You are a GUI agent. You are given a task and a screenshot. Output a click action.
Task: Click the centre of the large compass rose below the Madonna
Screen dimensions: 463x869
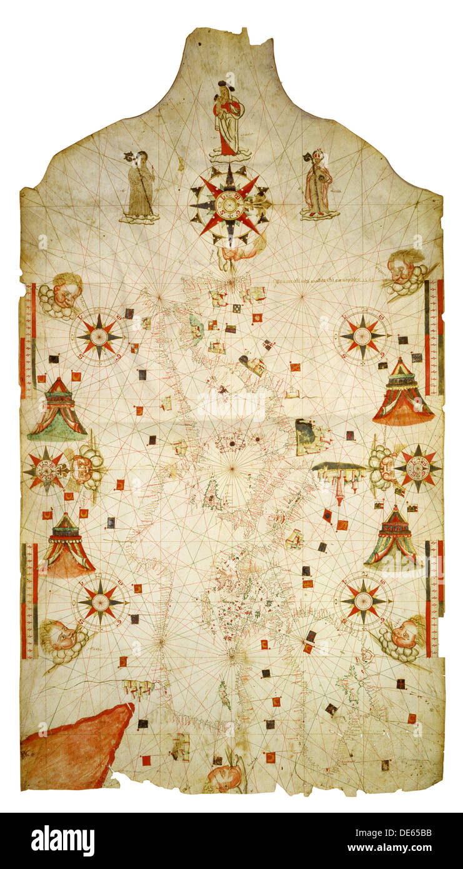[x=230, y=204]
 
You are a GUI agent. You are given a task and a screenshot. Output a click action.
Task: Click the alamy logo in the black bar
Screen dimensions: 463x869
[x=62, y=841]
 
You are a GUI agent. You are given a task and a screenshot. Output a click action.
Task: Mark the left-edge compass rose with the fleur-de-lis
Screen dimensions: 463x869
[x=46, y=470]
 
